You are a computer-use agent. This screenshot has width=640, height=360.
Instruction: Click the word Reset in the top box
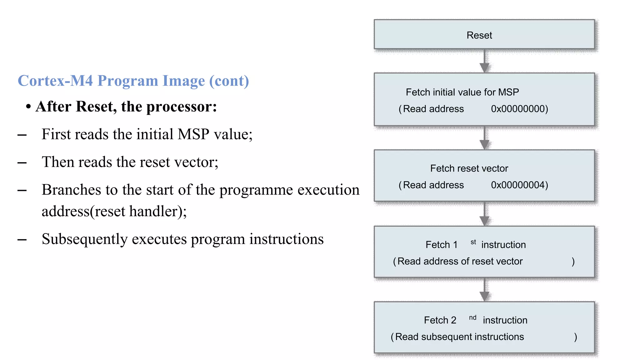pos(479,35)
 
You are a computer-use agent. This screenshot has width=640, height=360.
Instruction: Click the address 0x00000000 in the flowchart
pos(519,109)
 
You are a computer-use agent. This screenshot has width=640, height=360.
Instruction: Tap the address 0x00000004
pos(519,185)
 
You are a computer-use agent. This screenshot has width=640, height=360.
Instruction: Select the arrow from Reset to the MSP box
pos(484,61)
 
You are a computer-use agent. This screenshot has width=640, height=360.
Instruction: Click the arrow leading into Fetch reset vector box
pos(484,138)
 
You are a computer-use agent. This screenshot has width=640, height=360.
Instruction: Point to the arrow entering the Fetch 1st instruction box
pos(484,214)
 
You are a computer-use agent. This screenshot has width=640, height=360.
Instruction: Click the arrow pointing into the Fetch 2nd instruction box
pos(484,290)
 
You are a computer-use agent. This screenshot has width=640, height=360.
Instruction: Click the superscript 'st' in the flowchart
pos(473,242)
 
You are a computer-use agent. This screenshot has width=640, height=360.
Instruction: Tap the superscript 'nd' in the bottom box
pos(472,318)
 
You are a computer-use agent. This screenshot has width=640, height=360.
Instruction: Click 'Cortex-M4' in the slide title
pos(55,81)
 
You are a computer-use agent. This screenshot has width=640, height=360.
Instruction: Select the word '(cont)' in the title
pos(229,81)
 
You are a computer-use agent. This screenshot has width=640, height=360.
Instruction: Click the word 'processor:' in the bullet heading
pos(182,107)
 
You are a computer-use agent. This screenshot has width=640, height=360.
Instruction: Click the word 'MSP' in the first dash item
pos(193,134)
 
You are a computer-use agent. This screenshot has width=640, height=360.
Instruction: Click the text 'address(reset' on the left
pos(83,212)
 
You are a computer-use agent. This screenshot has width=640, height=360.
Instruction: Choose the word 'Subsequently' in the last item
pos(85,239)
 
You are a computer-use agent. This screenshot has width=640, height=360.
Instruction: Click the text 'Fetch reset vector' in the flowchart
pos(469,168)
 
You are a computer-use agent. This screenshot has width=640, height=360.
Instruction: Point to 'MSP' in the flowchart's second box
pos(508,92)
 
